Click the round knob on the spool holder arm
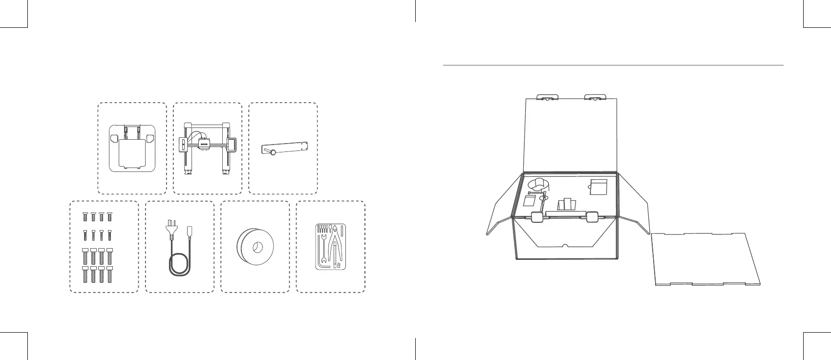[273, 153]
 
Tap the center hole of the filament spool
[256, 247]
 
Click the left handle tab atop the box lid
[548, 97]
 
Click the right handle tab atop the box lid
[595, 97]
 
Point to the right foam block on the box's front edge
[592, 217]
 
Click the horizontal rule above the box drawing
[613, 65]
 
